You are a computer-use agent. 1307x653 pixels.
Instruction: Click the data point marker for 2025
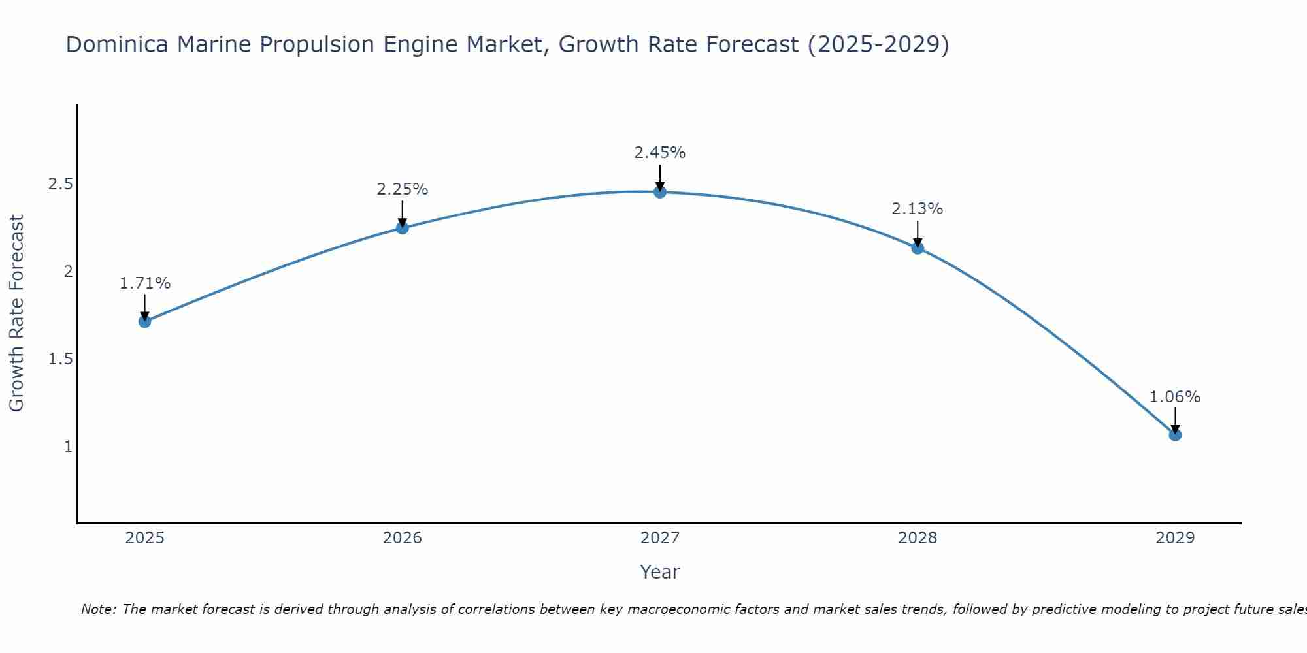click(145, 321)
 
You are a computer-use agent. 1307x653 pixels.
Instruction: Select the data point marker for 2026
click(403, 228)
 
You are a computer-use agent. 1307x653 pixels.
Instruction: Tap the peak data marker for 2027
click(660, 192)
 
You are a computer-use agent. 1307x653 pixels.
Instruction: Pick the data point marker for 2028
click(918, 248)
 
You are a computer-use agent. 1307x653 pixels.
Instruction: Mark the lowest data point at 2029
click(1175, 435)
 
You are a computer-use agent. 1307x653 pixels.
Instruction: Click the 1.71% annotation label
click(145, 283)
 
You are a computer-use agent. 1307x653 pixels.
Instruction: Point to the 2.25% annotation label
click(403, 189)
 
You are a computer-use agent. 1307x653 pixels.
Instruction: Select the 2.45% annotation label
click(660, 153)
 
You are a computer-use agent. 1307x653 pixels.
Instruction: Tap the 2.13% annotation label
click(918, 209)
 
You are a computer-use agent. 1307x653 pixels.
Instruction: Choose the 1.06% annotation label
click(1175, 397)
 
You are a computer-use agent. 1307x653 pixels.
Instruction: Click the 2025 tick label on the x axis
click(145, 538)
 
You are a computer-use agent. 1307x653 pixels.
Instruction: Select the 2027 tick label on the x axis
click(660, 538)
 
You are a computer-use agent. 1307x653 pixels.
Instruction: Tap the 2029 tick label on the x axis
click(1175, 538)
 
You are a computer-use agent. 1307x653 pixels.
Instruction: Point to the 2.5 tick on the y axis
click(60, 184)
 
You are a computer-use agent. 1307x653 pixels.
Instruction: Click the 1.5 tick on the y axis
click(60, 359)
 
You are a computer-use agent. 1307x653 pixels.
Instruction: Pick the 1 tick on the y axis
click(68, 447)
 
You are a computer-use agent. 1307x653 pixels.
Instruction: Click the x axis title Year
click(660, 572)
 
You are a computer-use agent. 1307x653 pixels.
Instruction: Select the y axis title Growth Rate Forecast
click(17, 313)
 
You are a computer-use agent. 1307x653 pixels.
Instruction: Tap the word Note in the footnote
click(97, 609)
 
